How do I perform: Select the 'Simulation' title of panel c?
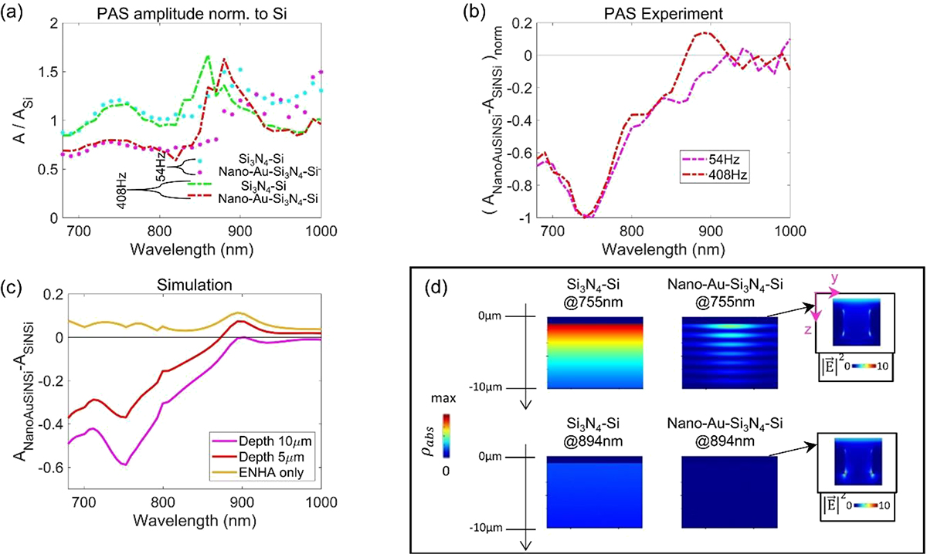195,285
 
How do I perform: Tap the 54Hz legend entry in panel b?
714,159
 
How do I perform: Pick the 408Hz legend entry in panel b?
714,176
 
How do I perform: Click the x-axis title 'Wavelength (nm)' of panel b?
663,250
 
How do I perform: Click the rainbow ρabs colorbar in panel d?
446,435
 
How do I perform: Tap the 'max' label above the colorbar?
443,399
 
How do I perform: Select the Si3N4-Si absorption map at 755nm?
595,353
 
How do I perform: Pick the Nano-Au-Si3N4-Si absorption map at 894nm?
729,492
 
